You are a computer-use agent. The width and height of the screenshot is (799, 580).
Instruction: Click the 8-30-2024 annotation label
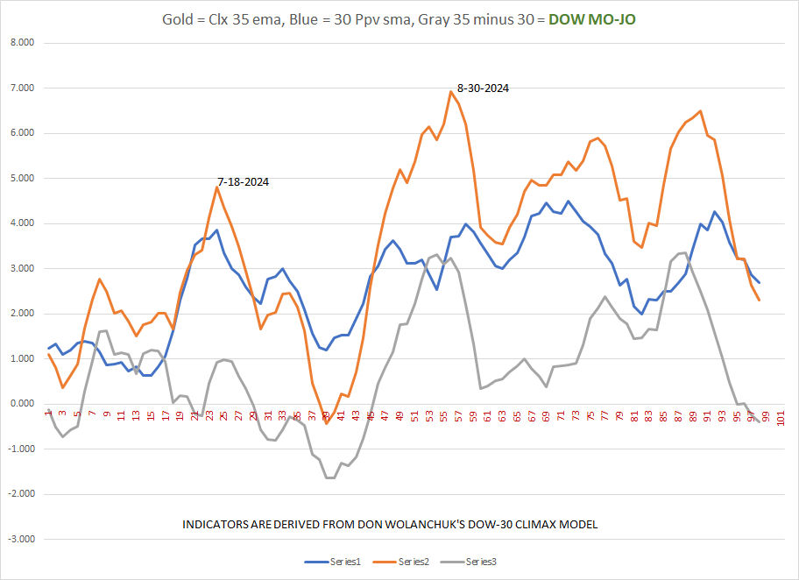point(483,88)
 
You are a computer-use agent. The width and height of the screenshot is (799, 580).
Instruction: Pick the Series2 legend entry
point(403,562)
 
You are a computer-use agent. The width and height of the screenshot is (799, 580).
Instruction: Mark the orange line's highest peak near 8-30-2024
point(451,91)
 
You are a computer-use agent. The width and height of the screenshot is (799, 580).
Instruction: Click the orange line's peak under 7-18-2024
point(217,187)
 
